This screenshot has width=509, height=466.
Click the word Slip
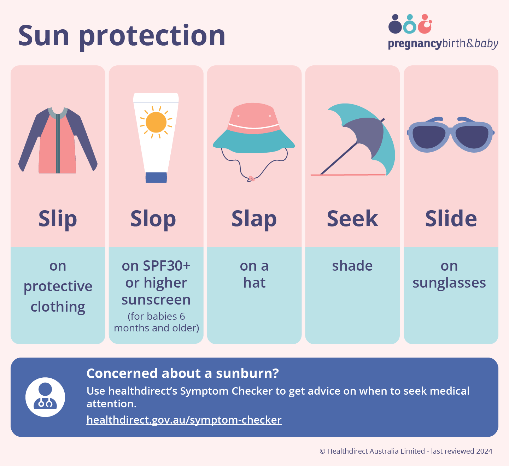(x=58, y=219)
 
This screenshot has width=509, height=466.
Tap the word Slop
(x=153, y=219)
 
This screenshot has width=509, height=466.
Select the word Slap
(x=254, y=219)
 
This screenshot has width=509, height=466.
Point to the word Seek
(x=352, y=219)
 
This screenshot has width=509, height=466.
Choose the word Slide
(x=451, y=219)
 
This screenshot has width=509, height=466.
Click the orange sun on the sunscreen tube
(x=156, y=122)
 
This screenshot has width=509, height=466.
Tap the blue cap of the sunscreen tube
(x=156, y=177)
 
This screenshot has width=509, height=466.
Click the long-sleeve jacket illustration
(x=58, y=141)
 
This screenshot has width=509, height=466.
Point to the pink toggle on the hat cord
(x=251, y=179)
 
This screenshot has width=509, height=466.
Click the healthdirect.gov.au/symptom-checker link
(x=184, y=420)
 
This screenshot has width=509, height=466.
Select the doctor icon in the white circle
(x=45, y=397)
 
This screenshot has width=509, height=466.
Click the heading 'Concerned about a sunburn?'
(x=183, y=373)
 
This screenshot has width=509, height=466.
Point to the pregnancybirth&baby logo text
(x=443, y=44)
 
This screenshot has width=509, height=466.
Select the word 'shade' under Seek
(x=352, y=266)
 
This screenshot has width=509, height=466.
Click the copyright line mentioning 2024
(x=406, y=451)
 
